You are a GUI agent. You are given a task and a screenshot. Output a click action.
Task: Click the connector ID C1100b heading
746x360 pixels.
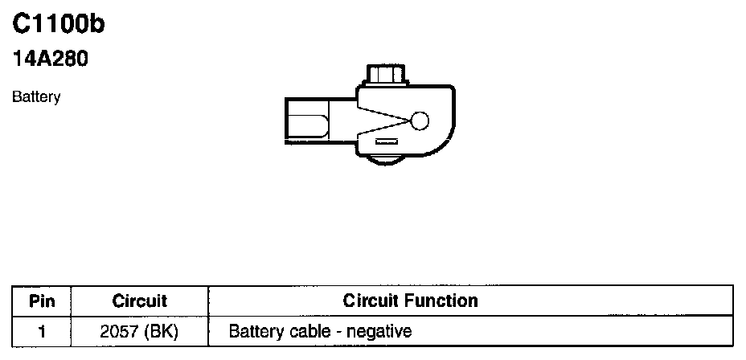(x=59, y=25)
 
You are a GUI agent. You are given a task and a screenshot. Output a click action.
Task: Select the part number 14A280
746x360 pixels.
(x=49, y=59)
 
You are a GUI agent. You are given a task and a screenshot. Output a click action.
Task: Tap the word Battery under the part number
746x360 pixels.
(x=36, y=97)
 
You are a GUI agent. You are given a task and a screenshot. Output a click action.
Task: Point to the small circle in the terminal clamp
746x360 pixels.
(x=421, y=121)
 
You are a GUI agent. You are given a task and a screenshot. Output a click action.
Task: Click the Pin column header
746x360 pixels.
(x=42, y=301)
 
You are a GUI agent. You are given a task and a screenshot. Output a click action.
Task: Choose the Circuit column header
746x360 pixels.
(x=139, y=301)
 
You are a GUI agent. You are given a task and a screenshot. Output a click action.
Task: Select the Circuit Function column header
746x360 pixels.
(x=410, y=301)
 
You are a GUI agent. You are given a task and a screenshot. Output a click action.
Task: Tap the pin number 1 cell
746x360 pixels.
(x=42, y=330)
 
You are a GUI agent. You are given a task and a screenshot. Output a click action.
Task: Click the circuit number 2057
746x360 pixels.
(x=120, y=330)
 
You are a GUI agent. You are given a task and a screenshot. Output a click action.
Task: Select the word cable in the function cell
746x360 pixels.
(x=301, y=330)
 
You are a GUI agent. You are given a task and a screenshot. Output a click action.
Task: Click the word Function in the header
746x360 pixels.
(x=444, y=301)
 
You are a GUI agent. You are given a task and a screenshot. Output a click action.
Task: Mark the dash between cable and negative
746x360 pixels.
(x=331, y=331)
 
